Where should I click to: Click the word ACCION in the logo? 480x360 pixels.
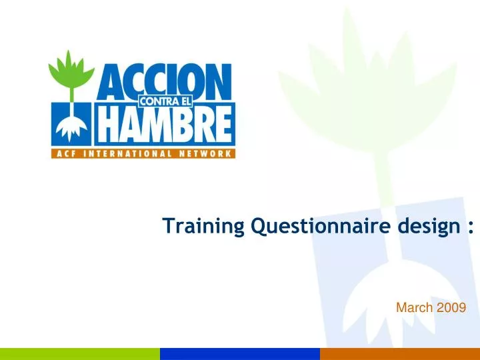coord(164,82)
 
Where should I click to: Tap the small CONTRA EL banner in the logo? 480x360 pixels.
coord(165,101)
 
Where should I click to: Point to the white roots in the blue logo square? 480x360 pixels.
coord(71,129)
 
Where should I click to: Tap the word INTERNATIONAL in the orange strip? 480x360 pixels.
coord(127,154)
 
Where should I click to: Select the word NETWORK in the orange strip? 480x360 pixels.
coord(205,154)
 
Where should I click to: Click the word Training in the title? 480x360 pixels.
coord(203,226)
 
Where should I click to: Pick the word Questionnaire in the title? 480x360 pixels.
coord(321,227)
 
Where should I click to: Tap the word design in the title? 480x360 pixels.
coord(429,227)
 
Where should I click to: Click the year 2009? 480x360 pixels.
coord(451,307)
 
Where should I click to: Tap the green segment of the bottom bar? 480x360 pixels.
coord(80,354)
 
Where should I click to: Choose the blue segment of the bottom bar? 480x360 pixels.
coord(240,354)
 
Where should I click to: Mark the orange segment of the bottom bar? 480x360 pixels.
coord(400,354)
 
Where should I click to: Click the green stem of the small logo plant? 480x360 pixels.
coord(71,95)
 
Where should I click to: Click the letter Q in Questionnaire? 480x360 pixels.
coord(259,227)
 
